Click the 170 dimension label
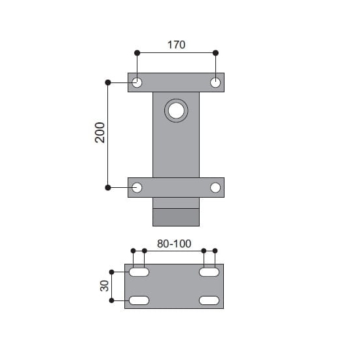176,45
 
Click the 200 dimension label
99,134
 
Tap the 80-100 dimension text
174,243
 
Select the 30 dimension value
102,286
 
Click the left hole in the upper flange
137,82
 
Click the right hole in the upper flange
215,82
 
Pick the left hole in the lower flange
137,188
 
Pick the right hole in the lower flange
215,188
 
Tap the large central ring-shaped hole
176,111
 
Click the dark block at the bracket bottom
175,217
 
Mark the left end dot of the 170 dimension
137,52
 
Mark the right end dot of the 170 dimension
216,52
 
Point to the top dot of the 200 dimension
108,82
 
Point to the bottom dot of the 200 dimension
108,188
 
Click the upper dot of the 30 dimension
112,272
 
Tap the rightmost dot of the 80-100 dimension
215,251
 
